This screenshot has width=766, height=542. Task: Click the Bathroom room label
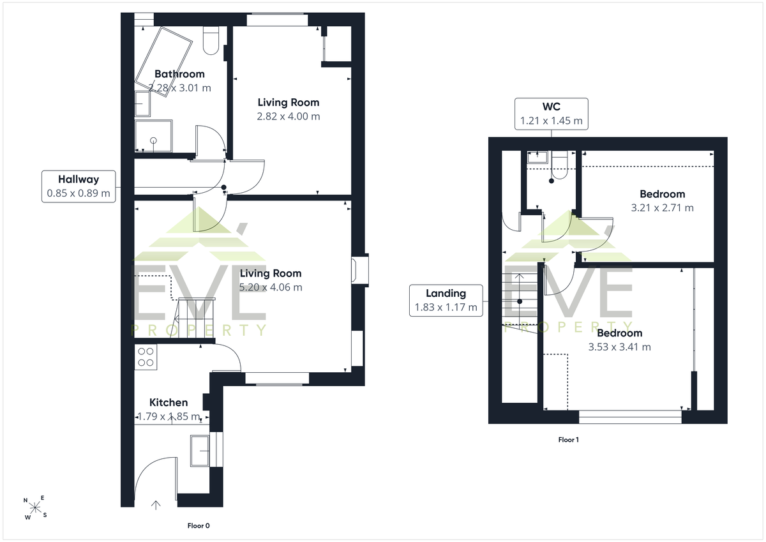coord(179,74)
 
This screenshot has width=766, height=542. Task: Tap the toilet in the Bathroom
coord(211,40)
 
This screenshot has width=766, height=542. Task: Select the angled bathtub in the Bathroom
coord(163,62)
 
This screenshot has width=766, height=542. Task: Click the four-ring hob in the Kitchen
coord(146,357)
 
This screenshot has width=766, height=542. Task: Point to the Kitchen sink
coord(200,451)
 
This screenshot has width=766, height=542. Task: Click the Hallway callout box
coord(79,186)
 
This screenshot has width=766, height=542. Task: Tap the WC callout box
coord(552,114)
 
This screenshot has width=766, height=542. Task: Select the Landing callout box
coord(446,301)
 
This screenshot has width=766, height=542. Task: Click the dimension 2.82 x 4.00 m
coord(289,116)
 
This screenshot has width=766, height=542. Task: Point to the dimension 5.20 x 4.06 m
coord(271,287)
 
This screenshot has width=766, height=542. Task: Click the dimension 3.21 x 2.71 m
coord(663,208)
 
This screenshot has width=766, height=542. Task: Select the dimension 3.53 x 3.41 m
coord(619,347)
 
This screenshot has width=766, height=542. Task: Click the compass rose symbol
coord(35,508)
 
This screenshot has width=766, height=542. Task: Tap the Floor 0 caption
coord(199,525)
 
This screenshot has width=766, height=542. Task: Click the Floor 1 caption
coord(568,440)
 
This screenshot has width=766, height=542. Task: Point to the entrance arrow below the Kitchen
coord(156,505)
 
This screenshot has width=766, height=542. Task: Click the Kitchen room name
coord(169,402)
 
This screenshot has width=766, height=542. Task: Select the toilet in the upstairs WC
coord(559,165)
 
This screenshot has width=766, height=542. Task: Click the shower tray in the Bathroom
coord(154,136)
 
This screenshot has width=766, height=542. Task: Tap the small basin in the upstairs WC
coord(537,157)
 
